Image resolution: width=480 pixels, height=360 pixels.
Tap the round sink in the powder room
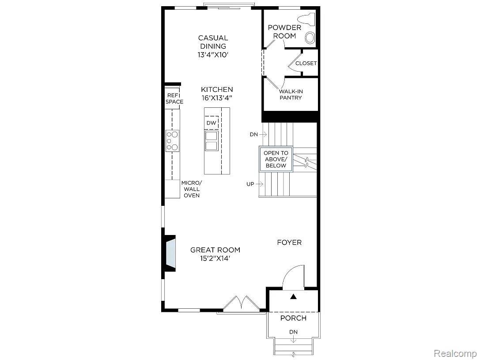[x=311, y=38]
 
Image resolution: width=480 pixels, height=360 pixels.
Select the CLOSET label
[x=306, y=63]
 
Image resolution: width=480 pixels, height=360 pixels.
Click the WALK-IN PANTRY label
[x=291, y=95]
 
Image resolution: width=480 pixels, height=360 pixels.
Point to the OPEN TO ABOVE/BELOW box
[x=276, y=159]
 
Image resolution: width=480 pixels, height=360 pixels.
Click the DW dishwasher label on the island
[x=211, y=123]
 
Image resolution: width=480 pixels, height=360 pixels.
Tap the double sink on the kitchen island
[x=211, y=141]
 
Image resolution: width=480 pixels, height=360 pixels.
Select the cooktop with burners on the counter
[x=172, y=140]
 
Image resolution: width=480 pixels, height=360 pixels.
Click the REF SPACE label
[x=174, y=99]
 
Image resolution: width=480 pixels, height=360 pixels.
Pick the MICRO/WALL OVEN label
[x=191, y=189]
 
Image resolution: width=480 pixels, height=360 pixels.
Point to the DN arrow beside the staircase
[x=258, y=134]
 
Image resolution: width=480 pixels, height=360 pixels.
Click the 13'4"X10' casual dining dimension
[x=213, y=55]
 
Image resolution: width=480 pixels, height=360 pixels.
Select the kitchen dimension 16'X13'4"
[x=217, y=98]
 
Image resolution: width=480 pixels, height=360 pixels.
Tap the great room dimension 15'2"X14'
[x=215, y=258]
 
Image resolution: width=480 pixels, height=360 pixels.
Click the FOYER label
[x=289, y=243]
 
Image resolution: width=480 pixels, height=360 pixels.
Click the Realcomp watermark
[x=454, y=353]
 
